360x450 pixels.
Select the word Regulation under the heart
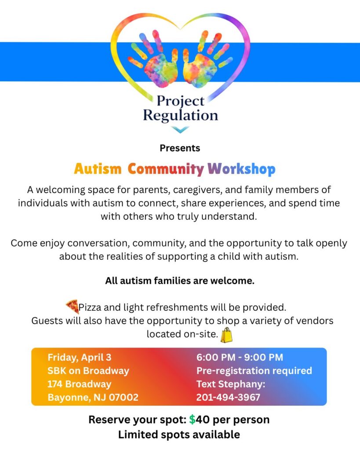coord(181,116)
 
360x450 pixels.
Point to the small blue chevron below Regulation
coord(181,130)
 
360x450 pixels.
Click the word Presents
coord(180,148)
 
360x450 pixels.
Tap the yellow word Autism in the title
coord(98,169)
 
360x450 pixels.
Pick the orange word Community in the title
coord(166,169)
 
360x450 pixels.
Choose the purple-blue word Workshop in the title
coord(241,169)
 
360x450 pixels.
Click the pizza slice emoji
coord(72,306)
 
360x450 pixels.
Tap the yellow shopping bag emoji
coord(226,335)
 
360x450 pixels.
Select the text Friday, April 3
coord(79,357)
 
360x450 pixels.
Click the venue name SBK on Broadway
coord(88,371)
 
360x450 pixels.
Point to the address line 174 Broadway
coord(79,384)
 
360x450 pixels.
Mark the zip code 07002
coord(124,397)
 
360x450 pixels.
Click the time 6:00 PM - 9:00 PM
coord(240,357)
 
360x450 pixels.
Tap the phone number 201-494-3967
coord(228,397)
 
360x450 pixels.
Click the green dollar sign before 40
coord(192,420)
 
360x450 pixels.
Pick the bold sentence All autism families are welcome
coord(180,281)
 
